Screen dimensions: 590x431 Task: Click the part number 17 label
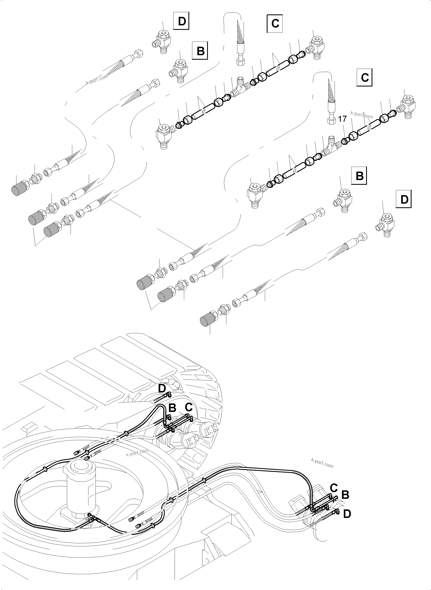(342, 119)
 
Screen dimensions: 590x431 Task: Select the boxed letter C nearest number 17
(364, 78)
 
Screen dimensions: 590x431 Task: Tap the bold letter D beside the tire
(162, 396)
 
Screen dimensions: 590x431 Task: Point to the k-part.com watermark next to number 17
(362, 115)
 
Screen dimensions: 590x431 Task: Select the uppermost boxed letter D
(182, 21)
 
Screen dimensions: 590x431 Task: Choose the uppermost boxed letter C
(275, 24)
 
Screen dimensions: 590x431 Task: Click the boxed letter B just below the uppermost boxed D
(200, 51)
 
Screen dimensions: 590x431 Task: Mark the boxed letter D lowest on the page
(404, 200)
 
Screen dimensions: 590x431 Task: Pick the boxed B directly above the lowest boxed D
(360, 176)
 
